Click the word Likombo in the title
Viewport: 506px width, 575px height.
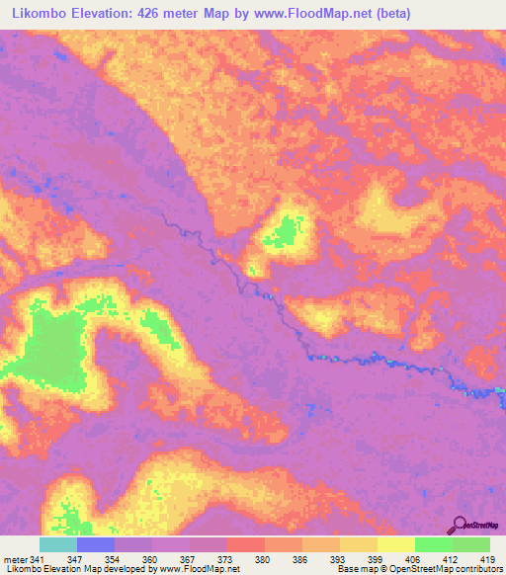(x=42, y=14)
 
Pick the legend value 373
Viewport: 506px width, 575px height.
(x=225, y=558)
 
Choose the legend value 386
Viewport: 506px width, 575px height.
(x=300, y=558)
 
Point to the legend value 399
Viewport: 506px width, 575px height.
(x=377, y=558)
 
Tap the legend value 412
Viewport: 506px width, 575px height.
(x=452, y=558)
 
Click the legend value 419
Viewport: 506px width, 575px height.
(x=486, y=558)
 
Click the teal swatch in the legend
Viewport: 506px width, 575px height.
(x=58, y=544)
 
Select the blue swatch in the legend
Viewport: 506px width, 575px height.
(x=96, y=544)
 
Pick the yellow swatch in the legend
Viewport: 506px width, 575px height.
(x=396, y=544)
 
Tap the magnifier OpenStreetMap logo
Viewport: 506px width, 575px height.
(x=458, y=525)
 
